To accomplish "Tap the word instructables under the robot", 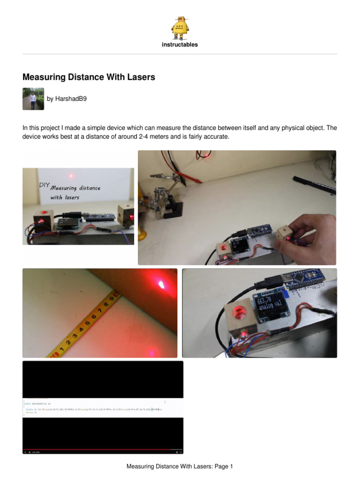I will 180,45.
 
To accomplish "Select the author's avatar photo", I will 33,99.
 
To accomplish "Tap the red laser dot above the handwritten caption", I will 72,177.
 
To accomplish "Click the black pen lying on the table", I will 314,184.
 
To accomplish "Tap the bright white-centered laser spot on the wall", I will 162,284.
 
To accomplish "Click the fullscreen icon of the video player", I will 177,452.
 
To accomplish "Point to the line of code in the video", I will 94,410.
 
